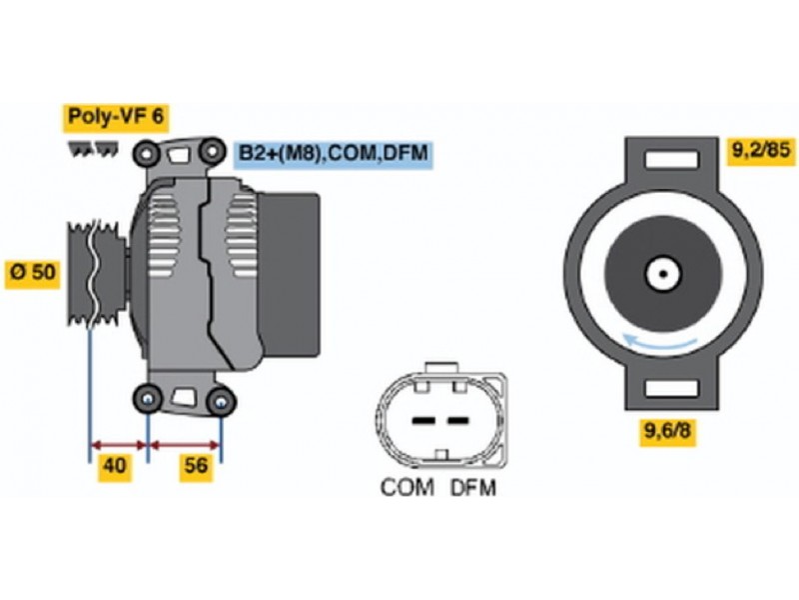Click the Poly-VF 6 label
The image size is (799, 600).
pyautogui.click(x=115, y=117)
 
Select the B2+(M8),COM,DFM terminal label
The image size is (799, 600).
pyautogui.click(x=334, y=154)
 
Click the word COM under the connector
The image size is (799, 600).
pyautogui.click(x=407, y=488)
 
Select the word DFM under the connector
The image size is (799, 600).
pyautogui.click(x=472, y=488)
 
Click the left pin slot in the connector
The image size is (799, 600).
pyautogui.click(x=423, y=420)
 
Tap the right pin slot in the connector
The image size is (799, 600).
pyautogui.click(x=456, y=420)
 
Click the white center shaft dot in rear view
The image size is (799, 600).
pyautogui.click(x=662, y=271)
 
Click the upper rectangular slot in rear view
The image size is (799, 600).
pyautogui.click(x=663, y=158)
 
